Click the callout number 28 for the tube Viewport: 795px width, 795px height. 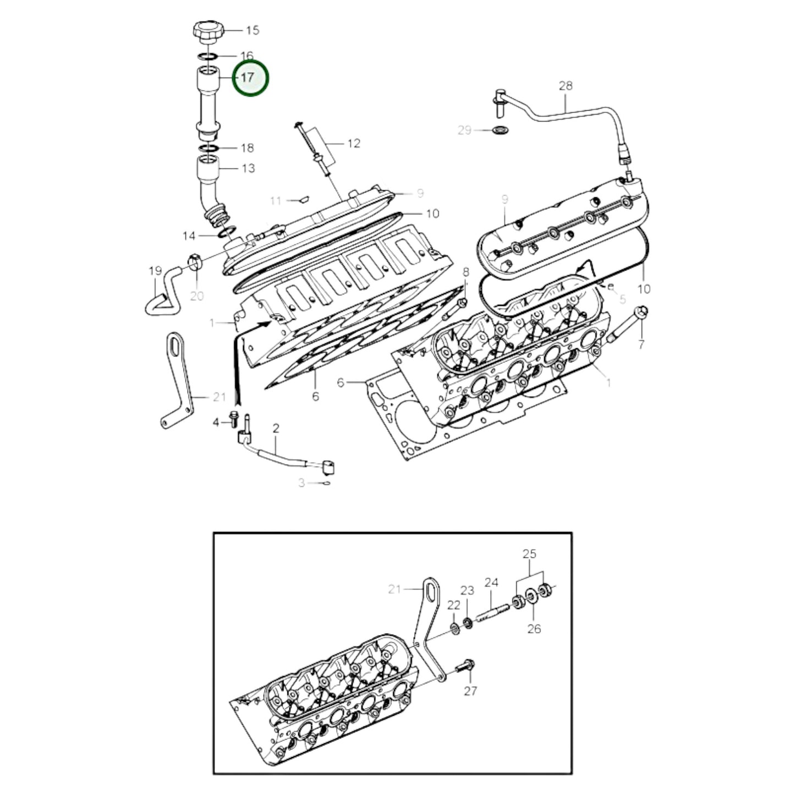tap(566, 85)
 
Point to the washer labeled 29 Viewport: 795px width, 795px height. tap(501, 131)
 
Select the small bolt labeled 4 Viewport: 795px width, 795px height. tap(234, 419)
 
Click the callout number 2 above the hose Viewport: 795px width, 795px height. tap(276, 428)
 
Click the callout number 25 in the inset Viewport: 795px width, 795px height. tap(529, 554)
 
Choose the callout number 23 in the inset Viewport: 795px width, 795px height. tap(467, 590)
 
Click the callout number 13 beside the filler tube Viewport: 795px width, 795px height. tap(248, 168)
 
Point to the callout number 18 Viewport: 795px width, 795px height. tap(247, 148)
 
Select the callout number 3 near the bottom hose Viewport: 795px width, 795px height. tap(301, 483)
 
